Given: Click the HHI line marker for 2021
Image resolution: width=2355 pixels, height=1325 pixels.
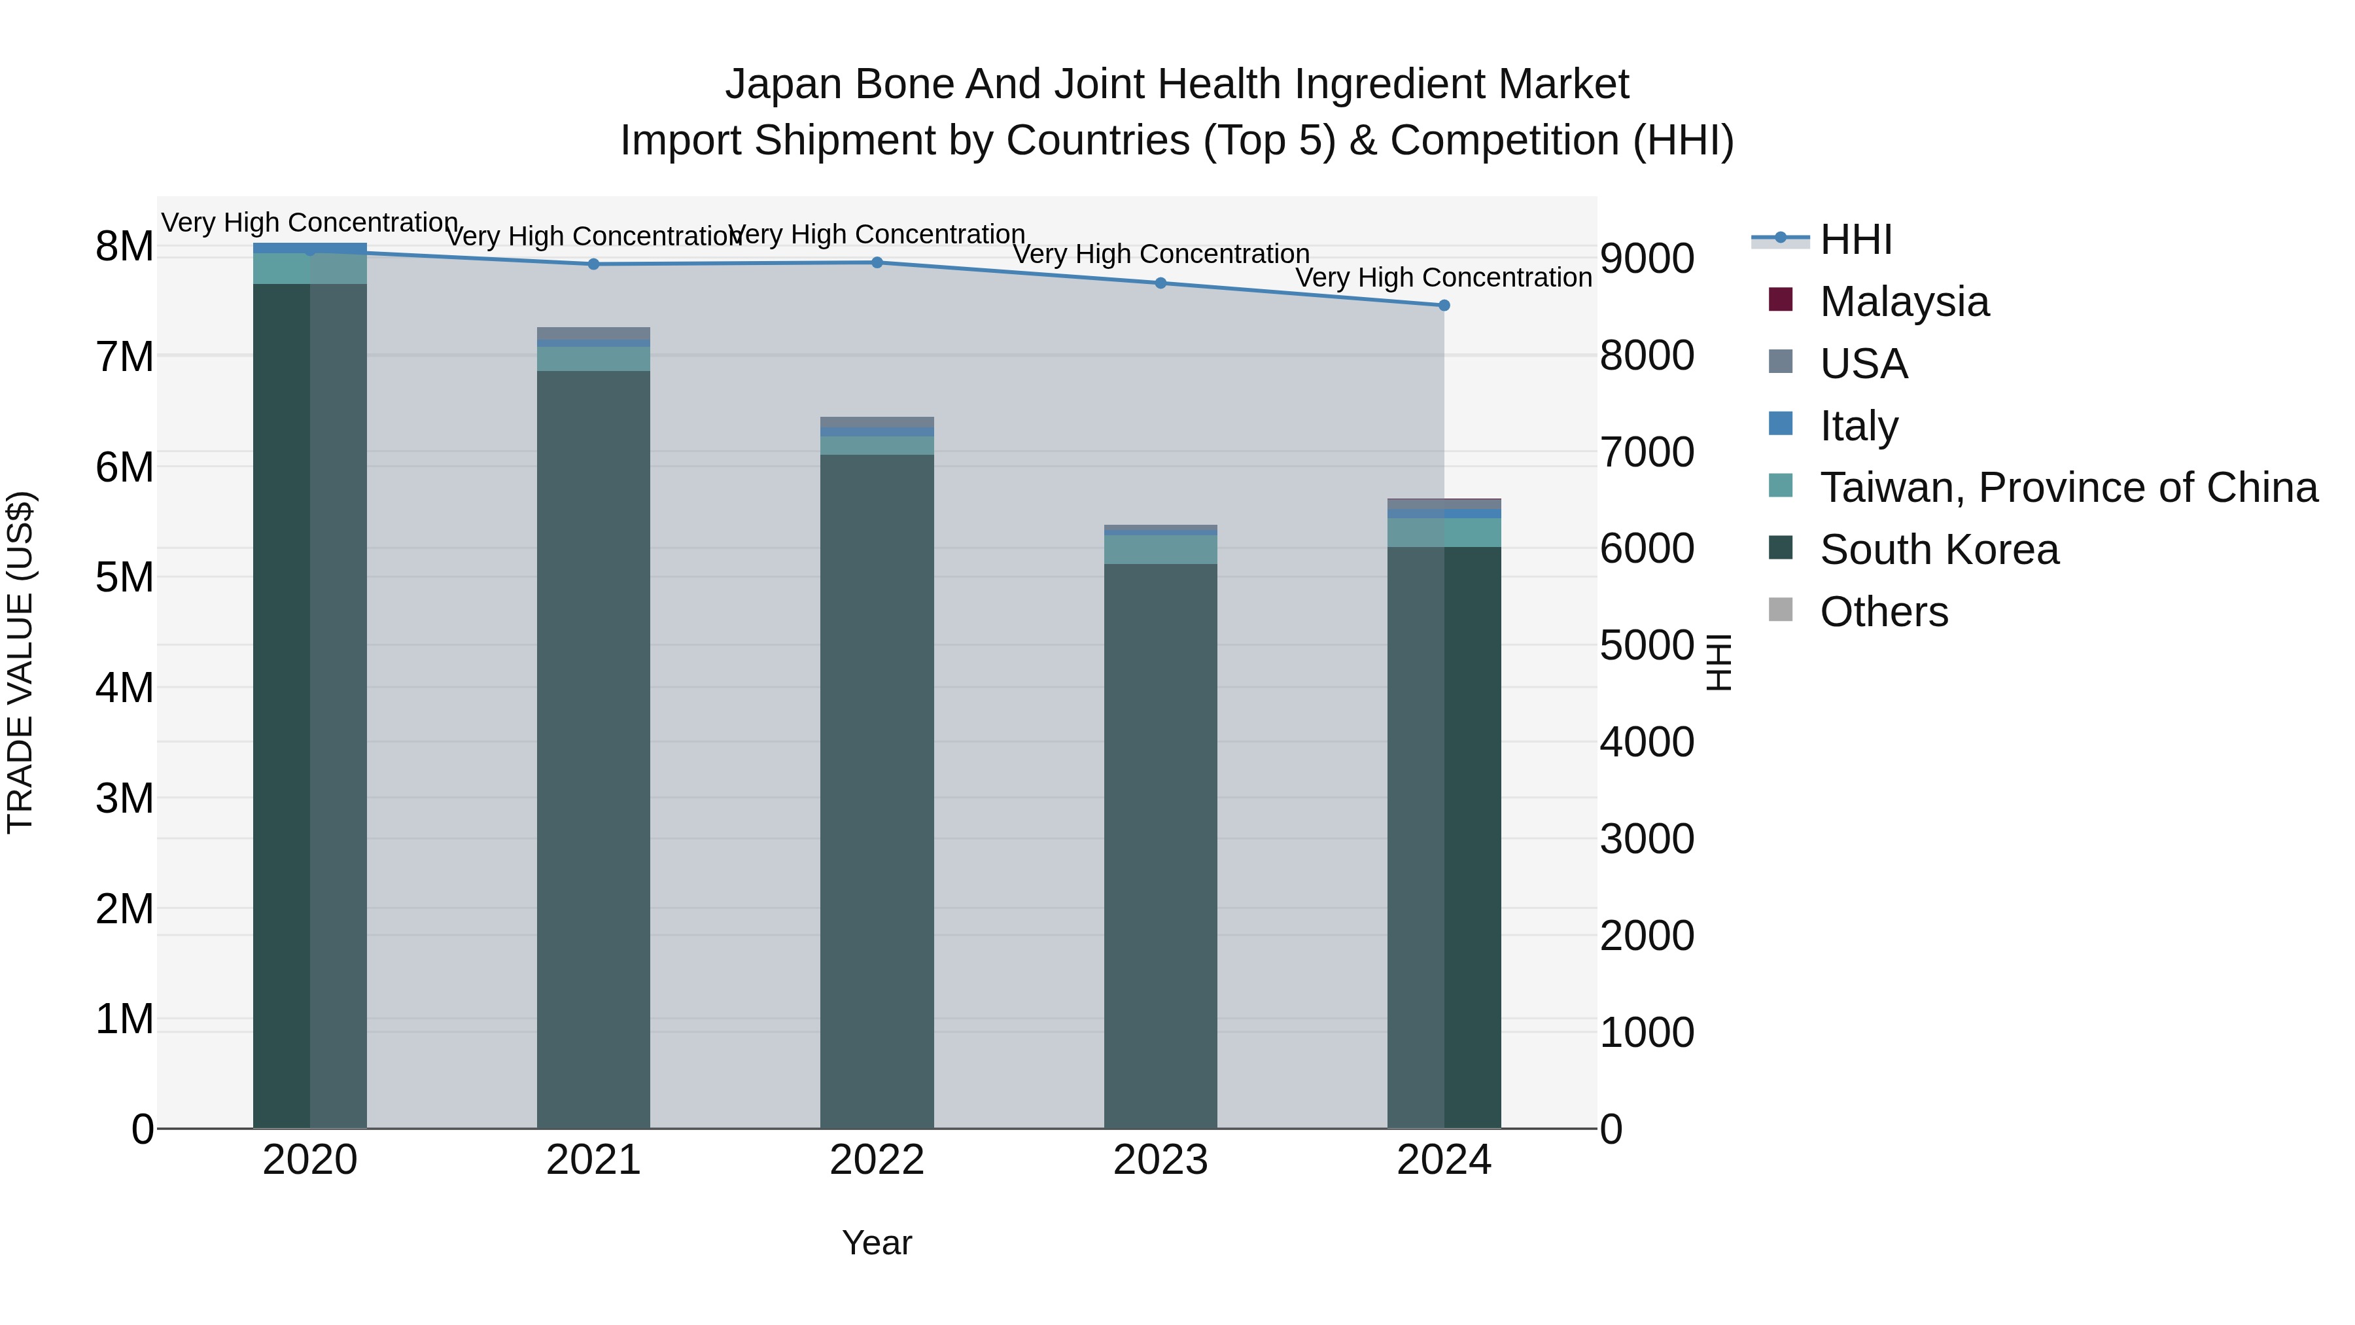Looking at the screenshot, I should point(593,264).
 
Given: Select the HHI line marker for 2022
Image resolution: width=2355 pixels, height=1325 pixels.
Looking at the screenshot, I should point(877,262).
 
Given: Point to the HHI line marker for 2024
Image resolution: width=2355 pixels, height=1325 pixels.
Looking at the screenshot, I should point(1444,306).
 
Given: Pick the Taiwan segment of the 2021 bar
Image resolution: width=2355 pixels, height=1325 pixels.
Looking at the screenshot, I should point(593,359).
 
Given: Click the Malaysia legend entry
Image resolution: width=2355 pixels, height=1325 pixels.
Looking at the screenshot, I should point(1904,302).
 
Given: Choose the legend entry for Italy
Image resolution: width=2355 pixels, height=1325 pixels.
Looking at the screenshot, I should point(1858,426).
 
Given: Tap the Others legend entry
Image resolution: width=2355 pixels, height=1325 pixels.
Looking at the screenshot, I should point(1883,612).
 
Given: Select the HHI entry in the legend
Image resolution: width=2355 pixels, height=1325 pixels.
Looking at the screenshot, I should point(1855,239).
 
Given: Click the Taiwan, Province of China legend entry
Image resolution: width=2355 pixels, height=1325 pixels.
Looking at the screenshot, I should point(2068,487).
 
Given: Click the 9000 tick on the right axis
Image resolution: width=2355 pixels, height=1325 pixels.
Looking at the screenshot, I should point(1647,258).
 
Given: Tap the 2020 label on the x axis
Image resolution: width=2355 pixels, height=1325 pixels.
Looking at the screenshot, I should point(310,1160).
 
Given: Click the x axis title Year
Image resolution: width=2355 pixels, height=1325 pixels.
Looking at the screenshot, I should point(877,1243).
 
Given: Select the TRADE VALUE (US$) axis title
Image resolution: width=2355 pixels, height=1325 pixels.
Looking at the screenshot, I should point(20,662).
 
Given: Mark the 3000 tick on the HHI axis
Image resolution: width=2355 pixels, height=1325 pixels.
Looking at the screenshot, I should point(1647,839).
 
